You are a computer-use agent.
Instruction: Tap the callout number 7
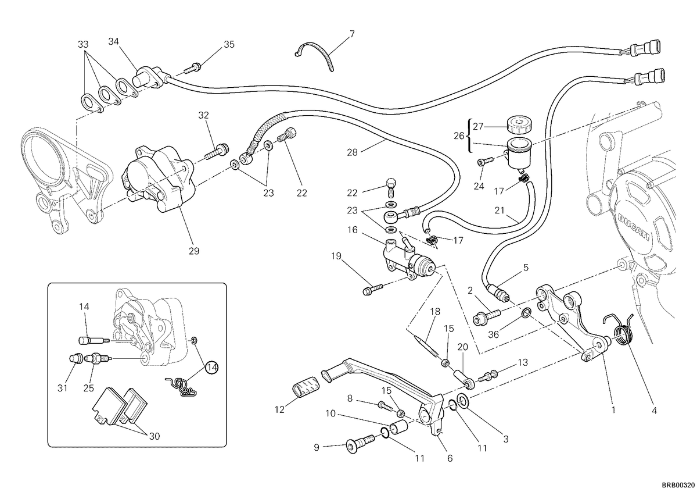click(x=352, y=34)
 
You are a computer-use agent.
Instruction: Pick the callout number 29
click(x=194, y=251)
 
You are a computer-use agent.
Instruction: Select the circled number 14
click(x=211, y=368)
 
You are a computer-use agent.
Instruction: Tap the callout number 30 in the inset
click(x=154, y=436)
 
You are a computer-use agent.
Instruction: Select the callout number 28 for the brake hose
click(x=352, y=152)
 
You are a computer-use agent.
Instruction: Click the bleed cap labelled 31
click(x=75, y=359)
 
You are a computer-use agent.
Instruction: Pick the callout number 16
click(x=352, y=230)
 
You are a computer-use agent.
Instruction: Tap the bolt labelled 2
click(x=486, y=316)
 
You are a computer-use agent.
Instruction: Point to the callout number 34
click(x=114, y=41)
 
